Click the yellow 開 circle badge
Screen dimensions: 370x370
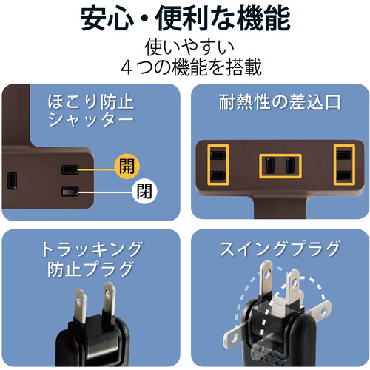coord(127,166)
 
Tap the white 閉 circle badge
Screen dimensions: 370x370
coord(144,191)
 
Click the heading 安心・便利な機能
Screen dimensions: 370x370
coord(185,19)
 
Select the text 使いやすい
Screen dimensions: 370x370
coord(189,47)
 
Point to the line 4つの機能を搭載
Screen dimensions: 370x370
coord(191,67)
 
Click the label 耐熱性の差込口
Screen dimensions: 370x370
coord(280,102)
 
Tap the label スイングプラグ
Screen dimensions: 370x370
coord(280,249)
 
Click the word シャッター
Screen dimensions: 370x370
coord(91,120)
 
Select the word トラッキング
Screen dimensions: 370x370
coord(92,249)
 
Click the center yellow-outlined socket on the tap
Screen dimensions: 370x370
coord(280,166)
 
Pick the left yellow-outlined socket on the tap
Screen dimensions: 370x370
coord(218,165)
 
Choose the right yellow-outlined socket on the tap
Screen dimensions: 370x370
coord(344,165)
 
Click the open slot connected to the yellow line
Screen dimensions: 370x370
coord(70,169)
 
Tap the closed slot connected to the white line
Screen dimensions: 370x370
coord(70,192)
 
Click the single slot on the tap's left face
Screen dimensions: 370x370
coord(12,181)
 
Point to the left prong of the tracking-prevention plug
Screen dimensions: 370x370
coord(81,306)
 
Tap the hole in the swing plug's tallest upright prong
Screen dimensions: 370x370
coord(267,273)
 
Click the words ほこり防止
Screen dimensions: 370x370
coord(91,101)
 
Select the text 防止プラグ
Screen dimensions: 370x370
coord(90,269)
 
